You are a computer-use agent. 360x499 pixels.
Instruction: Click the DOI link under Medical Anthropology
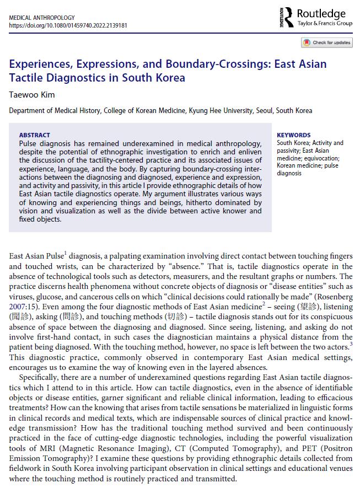[x=68, y=25]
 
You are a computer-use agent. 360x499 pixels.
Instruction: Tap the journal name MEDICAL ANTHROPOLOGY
[x=42, y=18]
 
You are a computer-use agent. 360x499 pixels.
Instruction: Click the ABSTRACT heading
[x=34, y=135]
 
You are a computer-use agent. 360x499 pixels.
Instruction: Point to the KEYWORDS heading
[x=293, y=135]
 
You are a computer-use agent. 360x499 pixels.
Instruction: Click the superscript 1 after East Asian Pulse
[x=65, y=253]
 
